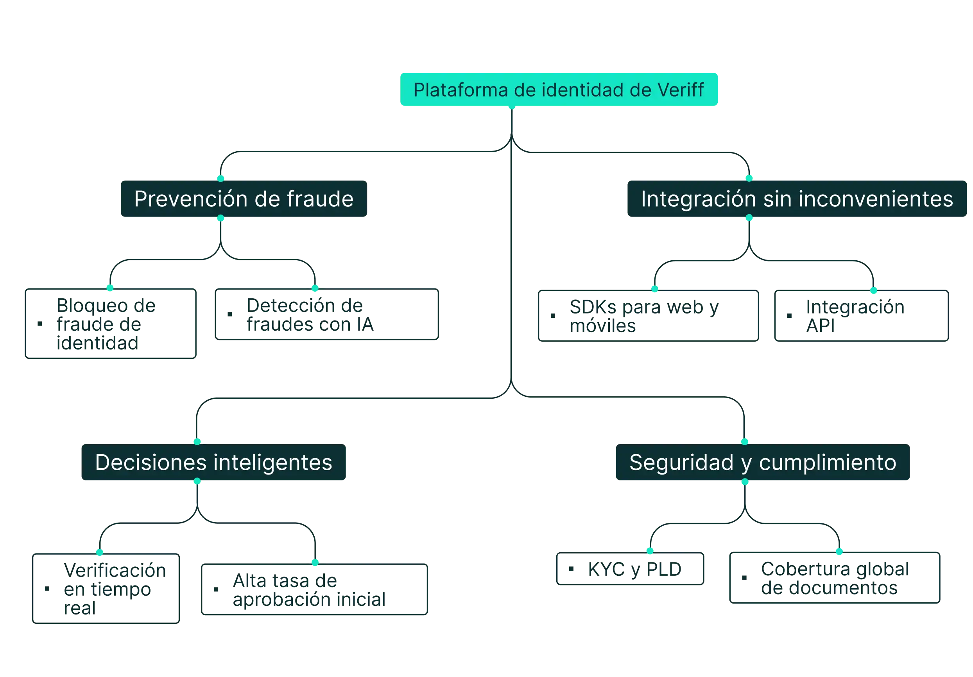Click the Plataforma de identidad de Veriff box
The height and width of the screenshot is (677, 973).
pos(559,90)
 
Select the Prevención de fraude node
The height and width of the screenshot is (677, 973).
pos(244,199)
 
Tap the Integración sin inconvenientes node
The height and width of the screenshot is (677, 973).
pos(797,199)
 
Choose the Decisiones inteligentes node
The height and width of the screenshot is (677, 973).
pos(213,462)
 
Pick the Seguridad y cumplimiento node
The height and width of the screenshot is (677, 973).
pos(762,462)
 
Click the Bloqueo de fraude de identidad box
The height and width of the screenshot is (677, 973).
pos(110,324)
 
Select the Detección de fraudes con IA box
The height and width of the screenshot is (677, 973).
pos(327,315)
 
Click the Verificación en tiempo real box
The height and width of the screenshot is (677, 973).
pos(106,588)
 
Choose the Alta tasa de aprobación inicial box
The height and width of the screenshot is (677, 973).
pos(314,589)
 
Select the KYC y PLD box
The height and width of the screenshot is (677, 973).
pos(630,570)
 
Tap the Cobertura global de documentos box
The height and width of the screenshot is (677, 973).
pos(835,578)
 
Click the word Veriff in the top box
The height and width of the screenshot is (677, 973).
pos(680,90)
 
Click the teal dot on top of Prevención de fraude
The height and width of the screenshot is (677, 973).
pos(220,178)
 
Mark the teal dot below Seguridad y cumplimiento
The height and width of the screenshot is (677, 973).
pos(745,482)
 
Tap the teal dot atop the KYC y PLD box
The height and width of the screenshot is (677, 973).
pos(649,551)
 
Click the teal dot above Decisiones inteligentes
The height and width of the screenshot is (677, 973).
pos(197,441)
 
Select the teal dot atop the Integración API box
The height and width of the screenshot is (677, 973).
pos(873,290)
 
